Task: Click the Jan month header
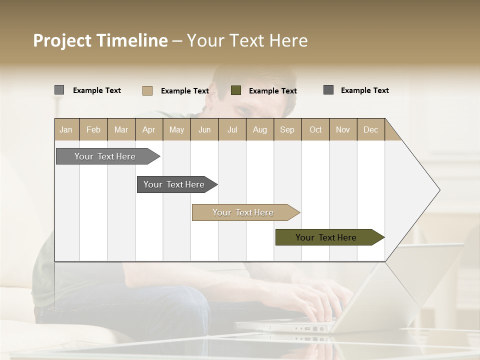coord(66,129)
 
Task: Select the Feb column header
coord(93,129)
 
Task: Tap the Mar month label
coord(121,129)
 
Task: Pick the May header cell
coord(176,129)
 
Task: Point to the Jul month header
coord(232,129)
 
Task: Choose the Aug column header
coord(259,129)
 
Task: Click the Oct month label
coord(315,129)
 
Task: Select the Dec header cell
coord(370,129)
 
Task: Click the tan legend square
coord(147,90)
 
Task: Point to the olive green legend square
coord(236,90)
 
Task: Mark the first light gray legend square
coord(59,90)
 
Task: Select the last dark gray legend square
coord(328,90)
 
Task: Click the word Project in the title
coord(62,40)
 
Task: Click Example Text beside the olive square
coord(272,91)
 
